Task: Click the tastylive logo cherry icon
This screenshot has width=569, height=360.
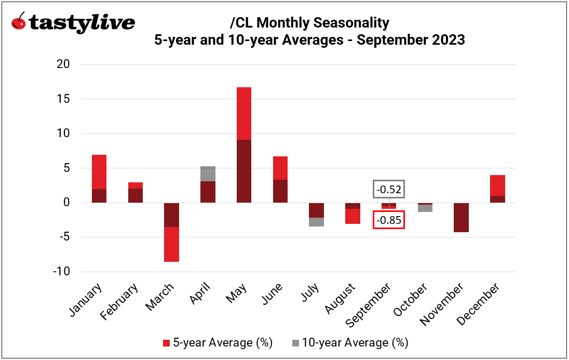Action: tap(18, 22)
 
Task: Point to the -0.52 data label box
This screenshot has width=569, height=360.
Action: tap(388, 190)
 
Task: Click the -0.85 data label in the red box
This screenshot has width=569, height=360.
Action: tap(389, 220)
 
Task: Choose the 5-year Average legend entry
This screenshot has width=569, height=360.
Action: tap(218, 343)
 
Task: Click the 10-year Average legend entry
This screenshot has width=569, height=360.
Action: tap(349, 343)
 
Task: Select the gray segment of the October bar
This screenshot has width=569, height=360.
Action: tap(425, 208)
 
